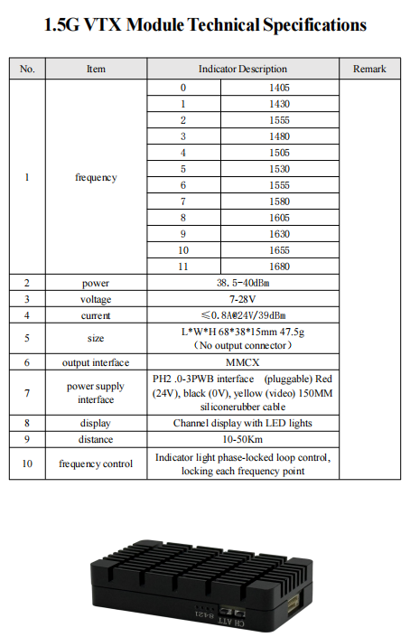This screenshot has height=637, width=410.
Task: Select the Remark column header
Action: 368,69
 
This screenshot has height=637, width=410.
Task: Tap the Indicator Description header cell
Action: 243,69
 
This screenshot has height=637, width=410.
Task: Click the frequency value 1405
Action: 280,88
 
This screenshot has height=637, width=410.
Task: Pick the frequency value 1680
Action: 280,267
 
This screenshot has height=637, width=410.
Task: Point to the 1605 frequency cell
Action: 280,218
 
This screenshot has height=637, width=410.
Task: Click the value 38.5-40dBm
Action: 243,283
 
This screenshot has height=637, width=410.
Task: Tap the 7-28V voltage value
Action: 243,299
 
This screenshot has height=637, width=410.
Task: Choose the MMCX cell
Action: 243,361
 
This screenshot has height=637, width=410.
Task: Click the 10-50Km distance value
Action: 243,439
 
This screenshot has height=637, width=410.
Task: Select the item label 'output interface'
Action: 96,361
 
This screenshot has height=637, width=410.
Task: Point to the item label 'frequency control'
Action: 96,464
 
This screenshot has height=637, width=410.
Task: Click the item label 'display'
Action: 96,423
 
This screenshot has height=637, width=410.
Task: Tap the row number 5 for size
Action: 27,338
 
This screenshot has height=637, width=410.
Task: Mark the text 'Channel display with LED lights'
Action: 243,423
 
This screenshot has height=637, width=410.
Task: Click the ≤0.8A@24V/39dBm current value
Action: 243,315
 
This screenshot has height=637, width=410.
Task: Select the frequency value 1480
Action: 280,136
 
